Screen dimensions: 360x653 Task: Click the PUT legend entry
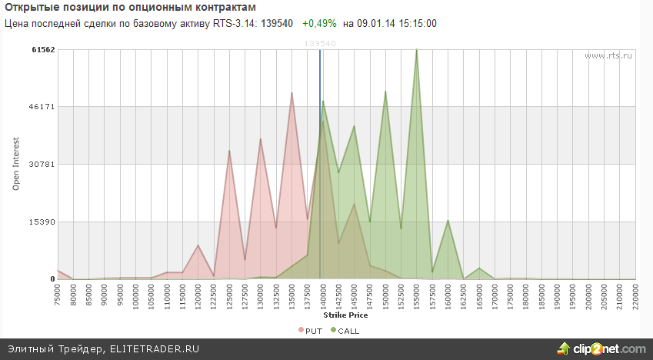[310, 331]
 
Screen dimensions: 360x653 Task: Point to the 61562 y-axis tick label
[44, 49]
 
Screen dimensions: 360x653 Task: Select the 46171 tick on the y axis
[44, 107]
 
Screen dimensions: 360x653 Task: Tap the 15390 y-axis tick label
[44, 222]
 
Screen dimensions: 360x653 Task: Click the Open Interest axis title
[16, 165]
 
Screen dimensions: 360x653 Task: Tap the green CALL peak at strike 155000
[416, 51]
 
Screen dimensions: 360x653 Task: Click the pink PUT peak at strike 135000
[292, 94]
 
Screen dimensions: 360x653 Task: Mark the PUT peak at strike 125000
[229, 151]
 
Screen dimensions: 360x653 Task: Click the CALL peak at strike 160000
[448, 221]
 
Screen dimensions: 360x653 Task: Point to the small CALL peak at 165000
[478, 268]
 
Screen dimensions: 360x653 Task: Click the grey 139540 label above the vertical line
[320, 44]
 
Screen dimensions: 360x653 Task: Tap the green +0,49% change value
[319, 23]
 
